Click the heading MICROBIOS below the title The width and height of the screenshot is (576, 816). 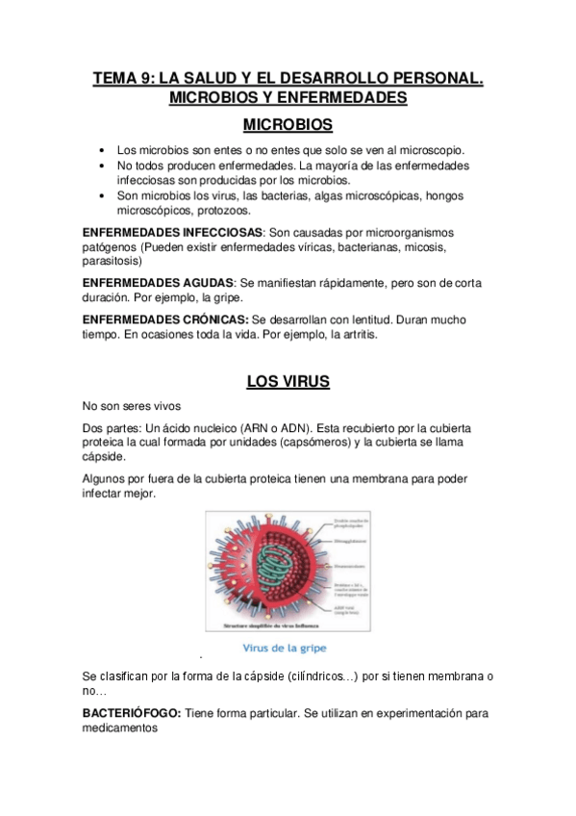click(x=288, y=125)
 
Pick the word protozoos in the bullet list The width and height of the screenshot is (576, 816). click(x=223, y=210)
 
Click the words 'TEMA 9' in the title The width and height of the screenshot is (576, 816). click(x=121, y=79)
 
